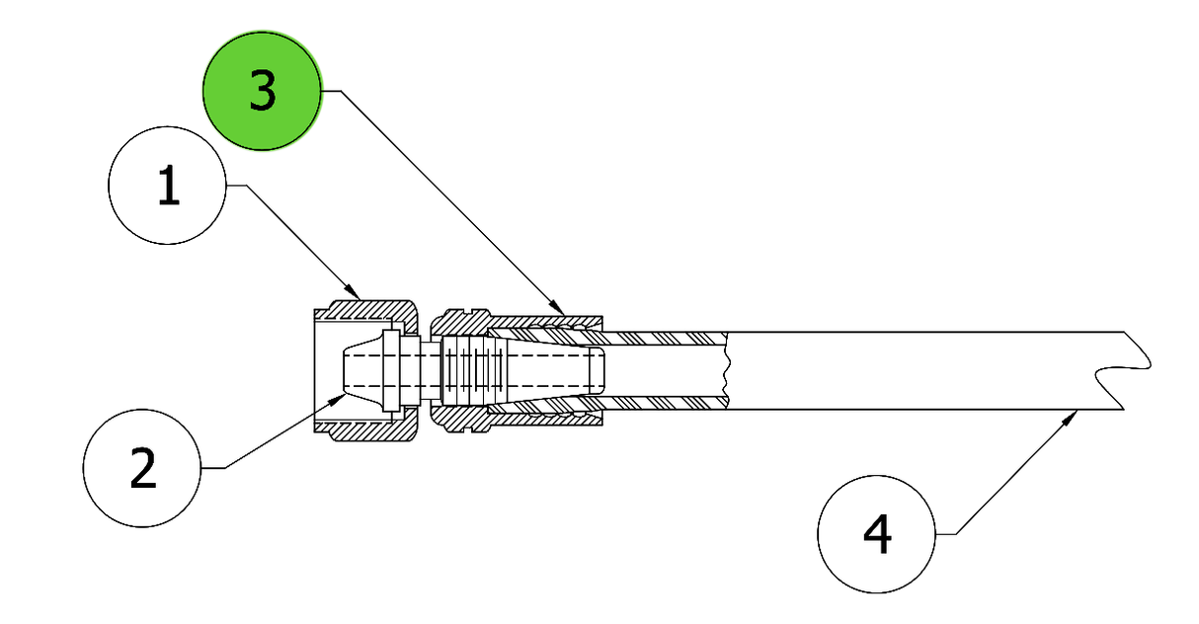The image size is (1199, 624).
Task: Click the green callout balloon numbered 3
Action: (x=262, y=91)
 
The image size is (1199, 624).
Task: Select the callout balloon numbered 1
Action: (x=167, y=186)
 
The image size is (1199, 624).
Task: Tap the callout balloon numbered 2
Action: (x=142, y=468)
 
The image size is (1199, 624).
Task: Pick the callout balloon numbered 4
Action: (x=877, y=534)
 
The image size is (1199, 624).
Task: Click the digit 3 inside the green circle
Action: (x=263, y=91)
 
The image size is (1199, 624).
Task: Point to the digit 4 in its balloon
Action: (x=878, y=534)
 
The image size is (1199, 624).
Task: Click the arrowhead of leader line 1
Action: (x=353, y=291)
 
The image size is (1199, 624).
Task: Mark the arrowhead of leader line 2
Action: (x=337, y=400)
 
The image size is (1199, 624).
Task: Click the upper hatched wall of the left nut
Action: (x=369, y=310)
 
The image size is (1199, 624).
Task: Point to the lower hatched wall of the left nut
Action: (x=369, y=430)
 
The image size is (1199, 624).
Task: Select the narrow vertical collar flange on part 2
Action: (x=391, y=370)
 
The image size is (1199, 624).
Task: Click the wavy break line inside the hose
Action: (x=726, y=370)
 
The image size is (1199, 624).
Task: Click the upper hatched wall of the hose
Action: (x=664, y=339)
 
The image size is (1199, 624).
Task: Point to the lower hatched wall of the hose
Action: (x=664, y=403)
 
